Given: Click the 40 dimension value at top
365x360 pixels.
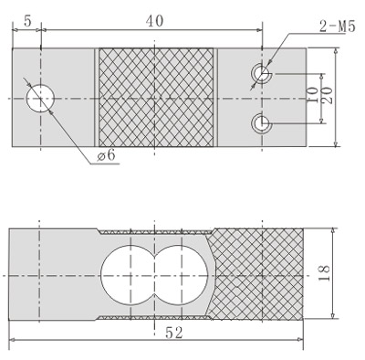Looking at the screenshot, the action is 154,21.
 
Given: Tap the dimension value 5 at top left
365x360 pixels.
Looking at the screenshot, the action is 27,21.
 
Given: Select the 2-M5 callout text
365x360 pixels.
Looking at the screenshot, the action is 338,26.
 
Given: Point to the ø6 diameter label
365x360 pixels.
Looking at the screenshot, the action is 107,155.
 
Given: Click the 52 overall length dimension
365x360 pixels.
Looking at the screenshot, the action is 174,333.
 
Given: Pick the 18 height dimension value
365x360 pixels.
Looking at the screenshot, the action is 324,273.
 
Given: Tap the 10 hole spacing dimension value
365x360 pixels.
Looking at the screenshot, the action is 312,95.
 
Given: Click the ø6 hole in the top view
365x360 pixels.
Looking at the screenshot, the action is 40,99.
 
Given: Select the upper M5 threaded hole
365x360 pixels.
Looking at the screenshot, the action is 262,74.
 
